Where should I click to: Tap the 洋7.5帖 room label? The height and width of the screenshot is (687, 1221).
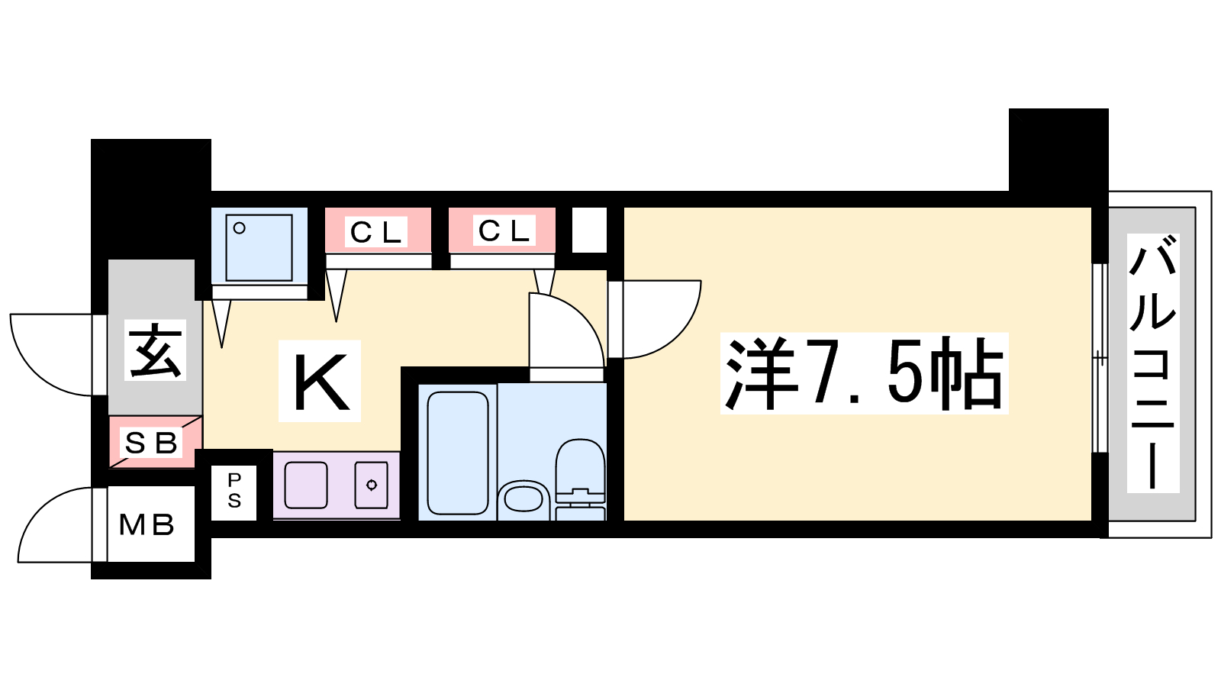pos(864,373)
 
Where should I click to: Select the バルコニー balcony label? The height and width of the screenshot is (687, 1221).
pos(1153,363)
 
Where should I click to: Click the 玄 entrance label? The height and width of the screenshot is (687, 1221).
pos(156,350)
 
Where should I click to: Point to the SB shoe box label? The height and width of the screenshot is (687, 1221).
pos(152,443)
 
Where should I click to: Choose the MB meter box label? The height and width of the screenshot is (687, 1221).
pos(147,525)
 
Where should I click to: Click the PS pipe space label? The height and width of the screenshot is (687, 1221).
pos(234,491)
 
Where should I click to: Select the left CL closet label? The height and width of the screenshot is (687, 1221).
pos(376,233)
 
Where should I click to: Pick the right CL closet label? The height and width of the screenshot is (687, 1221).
pos(504,231)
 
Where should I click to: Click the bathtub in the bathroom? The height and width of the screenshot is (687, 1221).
pos(458,453)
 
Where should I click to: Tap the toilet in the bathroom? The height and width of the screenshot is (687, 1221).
pos(581,479)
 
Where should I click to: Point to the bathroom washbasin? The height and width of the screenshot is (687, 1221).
pos(524,497)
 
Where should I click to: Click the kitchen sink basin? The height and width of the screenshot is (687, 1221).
pos(306,485)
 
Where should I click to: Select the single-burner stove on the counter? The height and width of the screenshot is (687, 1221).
pos(372,485)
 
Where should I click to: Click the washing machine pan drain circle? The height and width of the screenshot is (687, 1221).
pos(240,228)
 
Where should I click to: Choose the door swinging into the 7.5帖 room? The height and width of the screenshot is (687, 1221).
pos(654,319)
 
